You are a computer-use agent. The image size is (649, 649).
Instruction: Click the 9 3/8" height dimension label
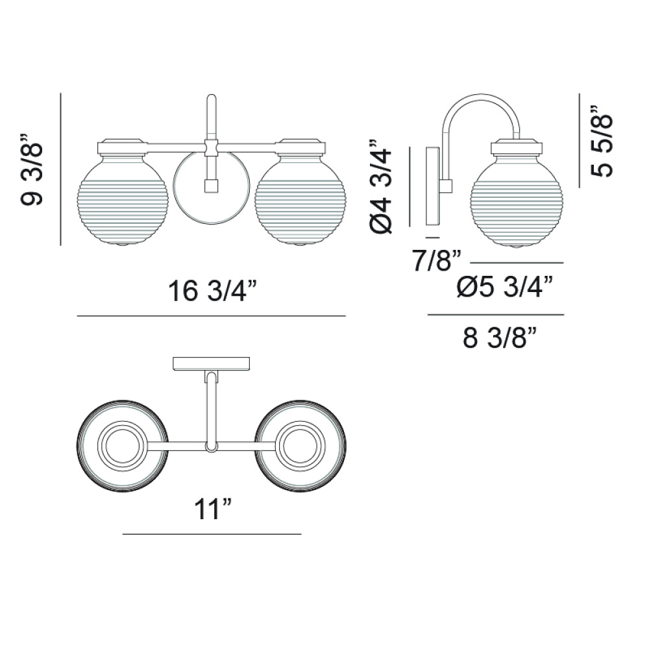click(31, 169)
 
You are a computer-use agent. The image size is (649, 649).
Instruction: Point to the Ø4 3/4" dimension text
click(380, 186)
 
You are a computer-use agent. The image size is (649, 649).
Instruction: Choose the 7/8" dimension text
click(437, 261)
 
